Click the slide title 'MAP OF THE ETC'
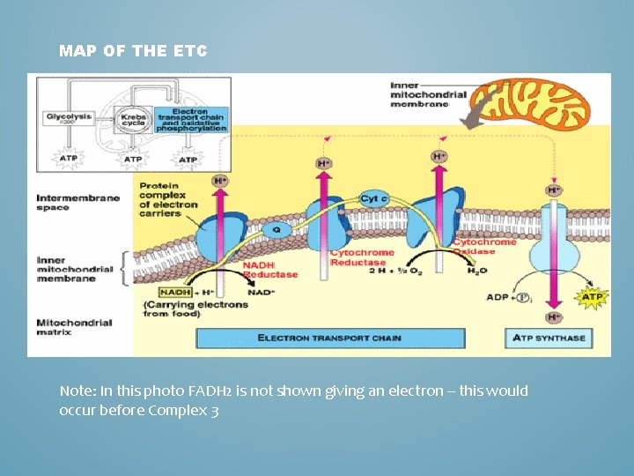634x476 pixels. pos(133,51)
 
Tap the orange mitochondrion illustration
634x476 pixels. pos(536,104)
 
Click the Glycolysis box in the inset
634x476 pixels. pos(68,117)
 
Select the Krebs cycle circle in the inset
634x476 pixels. pos(135,120)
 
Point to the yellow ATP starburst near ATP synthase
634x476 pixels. pos(592,297)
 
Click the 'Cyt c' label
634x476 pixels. pos(374,198)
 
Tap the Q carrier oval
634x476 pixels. pos(276,229)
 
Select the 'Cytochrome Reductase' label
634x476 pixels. pos(358,257)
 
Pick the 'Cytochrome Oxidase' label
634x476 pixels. pos(484,246)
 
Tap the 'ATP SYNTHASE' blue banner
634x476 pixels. pos(549,338)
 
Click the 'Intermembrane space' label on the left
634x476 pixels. pos(77,203)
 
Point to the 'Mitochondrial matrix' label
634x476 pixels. pos(74,327)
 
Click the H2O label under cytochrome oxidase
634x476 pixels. pos(476,271)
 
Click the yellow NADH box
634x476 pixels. pos(174,292)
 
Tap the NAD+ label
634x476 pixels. pos(262,292)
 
